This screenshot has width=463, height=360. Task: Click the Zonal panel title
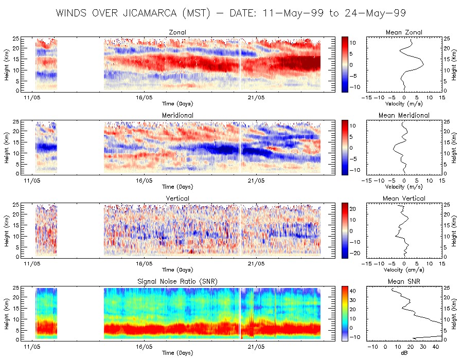[177, 33]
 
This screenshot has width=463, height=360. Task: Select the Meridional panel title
[177, 116]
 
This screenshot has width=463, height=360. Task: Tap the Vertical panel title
[177, 199]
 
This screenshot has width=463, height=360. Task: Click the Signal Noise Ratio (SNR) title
[178, 282]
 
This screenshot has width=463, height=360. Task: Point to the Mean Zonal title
[404, 33]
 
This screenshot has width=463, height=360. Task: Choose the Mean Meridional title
[404, 116]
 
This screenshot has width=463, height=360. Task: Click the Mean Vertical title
[404, 199]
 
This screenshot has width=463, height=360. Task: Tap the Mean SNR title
[404, 282]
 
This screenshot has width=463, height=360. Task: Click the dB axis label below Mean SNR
[404, 353]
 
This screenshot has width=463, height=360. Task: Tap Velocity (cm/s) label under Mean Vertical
[404, 270]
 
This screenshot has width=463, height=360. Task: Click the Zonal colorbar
[345, 65]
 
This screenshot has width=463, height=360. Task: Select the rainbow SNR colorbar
[345, 313]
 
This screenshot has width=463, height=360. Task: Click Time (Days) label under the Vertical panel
[177, 270]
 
